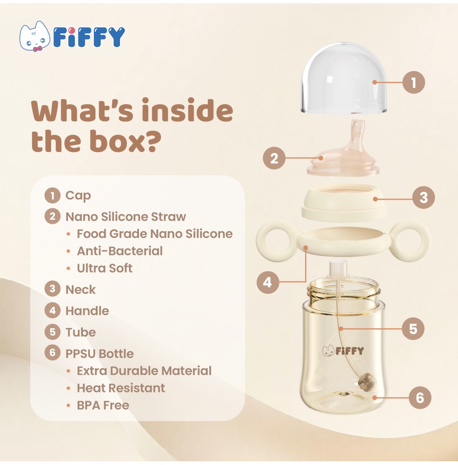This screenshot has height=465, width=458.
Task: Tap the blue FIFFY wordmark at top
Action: [x=89, y=37]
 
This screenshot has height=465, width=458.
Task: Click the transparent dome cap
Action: [x=344, y=78]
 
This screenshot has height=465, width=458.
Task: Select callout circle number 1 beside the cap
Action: [x=414, y=82]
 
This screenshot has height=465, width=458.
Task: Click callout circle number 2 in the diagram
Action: [x=274, y=158]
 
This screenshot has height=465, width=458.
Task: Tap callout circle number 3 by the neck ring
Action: [x=424, y=197]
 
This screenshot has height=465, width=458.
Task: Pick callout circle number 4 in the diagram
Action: [x=267, y=282]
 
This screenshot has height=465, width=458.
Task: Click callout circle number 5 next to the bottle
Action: [x=413, y=329]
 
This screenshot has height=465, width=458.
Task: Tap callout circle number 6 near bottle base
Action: [x=420, y=398]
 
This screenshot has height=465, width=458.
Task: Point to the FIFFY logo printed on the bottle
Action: [x=343, y=351]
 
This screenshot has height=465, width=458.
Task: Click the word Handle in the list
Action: [x=87, y=311]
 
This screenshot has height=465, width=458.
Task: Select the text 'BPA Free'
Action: [x=103, y=405]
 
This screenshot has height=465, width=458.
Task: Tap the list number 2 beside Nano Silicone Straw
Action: [x=53, y=216]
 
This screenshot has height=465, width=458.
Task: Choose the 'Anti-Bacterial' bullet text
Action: [x=120, y=251]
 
